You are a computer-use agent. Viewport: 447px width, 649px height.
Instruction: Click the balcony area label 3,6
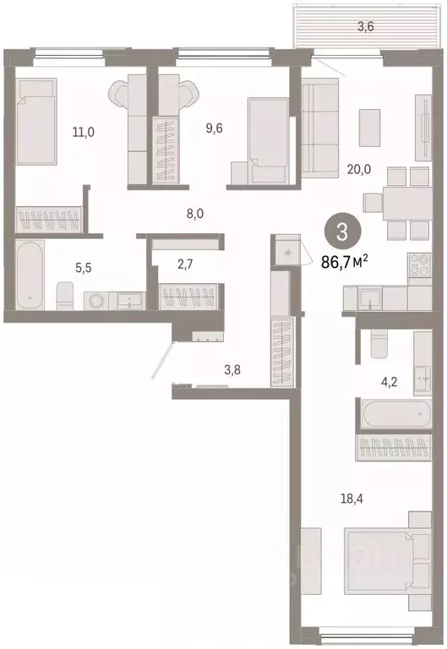(x=365, y=26)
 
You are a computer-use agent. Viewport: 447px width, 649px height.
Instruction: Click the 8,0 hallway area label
(x=194, y=214)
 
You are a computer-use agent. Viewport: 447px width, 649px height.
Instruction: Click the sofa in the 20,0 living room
(x=320, y=128)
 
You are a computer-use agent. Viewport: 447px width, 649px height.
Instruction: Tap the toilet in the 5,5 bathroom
(x=65, y=296)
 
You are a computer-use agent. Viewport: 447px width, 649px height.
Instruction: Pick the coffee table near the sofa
(x=368, y=127)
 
